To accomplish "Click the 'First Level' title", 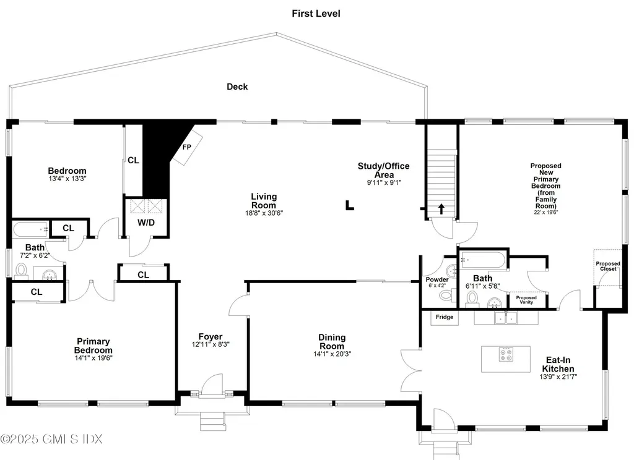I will click(316, 13).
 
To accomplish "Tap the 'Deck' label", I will click(237, 87).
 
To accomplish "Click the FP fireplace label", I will click(186, 147).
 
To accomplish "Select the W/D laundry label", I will click(146, 222).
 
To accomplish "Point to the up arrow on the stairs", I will click(441, 208).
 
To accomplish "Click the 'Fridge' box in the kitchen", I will click(445, 317).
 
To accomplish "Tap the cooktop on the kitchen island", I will click(506, 354).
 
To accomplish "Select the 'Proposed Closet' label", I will click(608, 266).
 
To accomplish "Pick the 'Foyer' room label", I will click(211, 337).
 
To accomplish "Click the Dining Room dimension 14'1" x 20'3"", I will click(332, 354).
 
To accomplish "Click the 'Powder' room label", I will click(437, 279).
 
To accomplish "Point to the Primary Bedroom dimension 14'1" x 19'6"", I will click(93, 357).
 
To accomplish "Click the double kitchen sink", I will click(506, 318).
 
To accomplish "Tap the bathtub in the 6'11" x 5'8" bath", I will click(484, 260).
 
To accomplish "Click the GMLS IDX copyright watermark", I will click(51, 439).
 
